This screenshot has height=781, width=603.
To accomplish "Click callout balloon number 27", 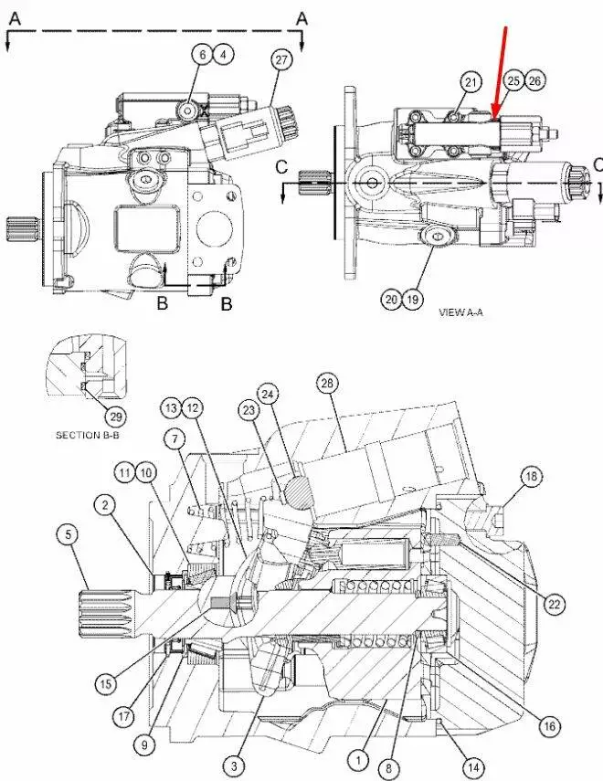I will (x=280, y=60).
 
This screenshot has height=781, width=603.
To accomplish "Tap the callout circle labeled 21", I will (x=471, y=83).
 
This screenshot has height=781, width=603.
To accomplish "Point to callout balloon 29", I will (x=115, y=416).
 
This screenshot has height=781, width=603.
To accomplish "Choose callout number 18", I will (x=532, y=476).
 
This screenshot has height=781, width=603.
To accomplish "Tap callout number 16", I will (x=549, y=726).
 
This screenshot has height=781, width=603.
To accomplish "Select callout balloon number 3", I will (x=235, y=765).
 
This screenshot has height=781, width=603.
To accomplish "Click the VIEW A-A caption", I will (x=463, y=311).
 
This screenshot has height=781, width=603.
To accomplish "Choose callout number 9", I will (x=143, y=745).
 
